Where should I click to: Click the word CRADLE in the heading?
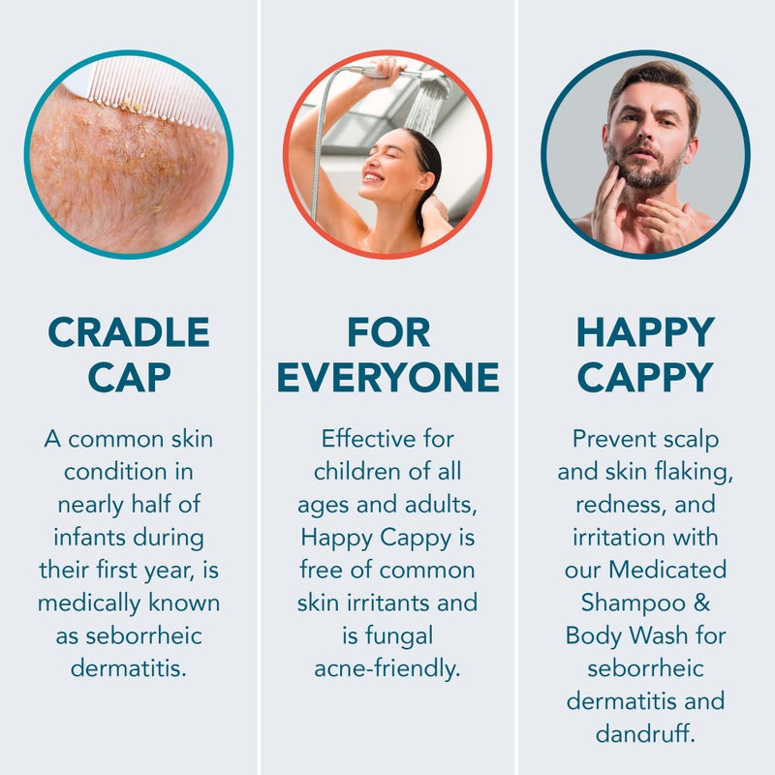[x=129, y=332]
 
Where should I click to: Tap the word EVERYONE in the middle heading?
[x=387, y=377]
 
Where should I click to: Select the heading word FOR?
[x=387, y=332]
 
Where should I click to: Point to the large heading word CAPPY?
[x=645, y=377]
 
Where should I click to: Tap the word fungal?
[x=387, y=635]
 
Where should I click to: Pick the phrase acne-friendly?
[x=387, y=668]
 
